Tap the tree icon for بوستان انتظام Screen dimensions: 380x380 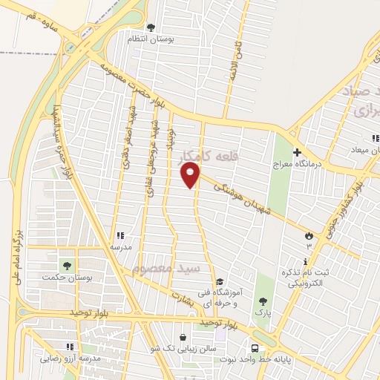pos(151,27)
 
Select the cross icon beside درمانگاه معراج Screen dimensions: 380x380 pos(296,131)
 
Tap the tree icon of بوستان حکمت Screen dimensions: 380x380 pos(68,264)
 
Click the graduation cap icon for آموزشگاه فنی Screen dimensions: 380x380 pos(220,281)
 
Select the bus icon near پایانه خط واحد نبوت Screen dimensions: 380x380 pos(255,348)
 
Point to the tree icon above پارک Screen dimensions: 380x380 pos(263,301)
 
